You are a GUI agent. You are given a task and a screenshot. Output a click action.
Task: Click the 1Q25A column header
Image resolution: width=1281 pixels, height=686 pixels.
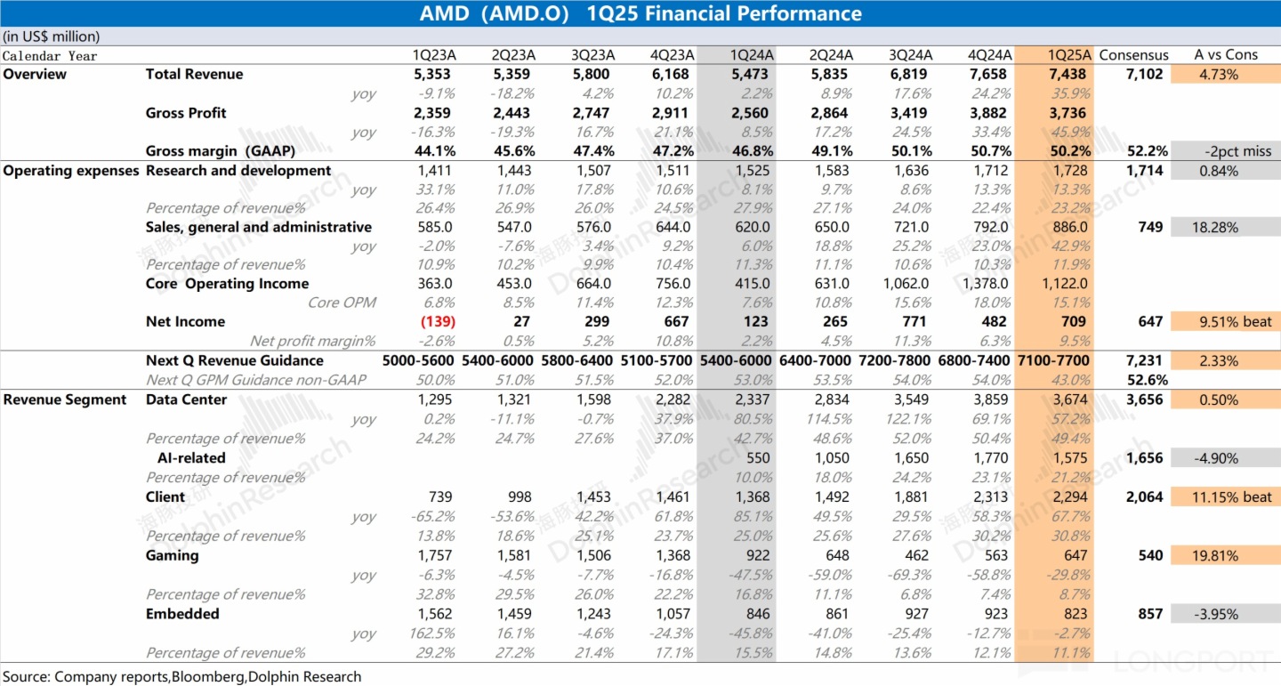tap(1068, 55)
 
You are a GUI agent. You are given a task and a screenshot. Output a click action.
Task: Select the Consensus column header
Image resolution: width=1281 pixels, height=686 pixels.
tap(1133, 55)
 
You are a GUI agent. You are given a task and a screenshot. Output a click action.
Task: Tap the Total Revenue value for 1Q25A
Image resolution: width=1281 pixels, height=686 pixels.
tap(1068, 75)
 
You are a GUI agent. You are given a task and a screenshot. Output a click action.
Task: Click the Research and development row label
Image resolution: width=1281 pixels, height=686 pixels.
tap(238, 171)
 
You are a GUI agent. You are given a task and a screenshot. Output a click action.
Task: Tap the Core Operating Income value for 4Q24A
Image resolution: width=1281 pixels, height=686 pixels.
tap(987, 284)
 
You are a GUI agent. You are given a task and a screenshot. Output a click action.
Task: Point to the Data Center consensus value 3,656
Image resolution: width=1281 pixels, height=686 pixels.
tap(1144, 400)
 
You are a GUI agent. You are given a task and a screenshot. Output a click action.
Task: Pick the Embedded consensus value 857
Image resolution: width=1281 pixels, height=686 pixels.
tap(1150, 614)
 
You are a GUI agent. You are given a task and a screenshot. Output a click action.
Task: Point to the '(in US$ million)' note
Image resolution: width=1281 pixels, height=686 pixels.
tap(52, 36)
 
